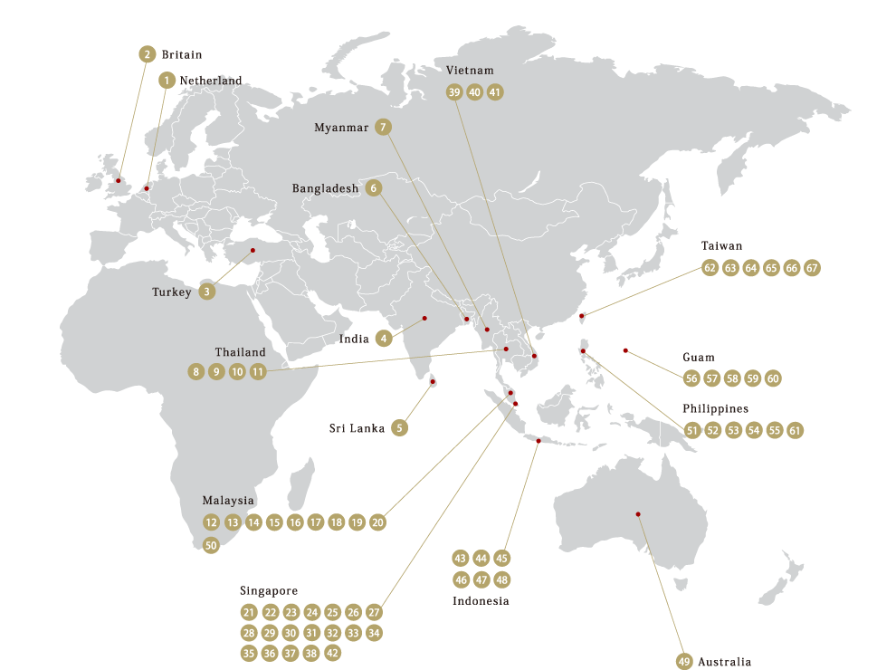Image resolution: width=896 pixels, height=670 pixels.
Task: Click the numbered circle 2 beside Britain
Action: click(x=148, y=54)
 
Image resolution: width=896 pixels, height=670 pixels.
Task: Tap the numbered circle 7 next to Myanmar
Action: click(x=384, y=128)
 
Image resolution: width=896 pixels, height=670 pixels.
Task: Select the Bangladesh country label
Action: click(x=326, y=188)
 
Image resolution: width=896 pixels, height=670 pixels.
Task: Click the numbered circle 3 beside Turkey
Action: click(x=208, y=292)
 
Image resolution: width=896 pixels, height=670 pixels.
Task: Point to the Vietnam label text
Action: click(x=470, y=71)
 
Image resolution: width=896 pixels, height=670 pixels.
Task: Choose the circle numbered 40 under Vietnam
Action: click(x=474, y=91)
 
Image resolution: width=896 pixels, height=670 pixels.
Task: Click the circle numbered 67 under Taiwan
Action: click(x=812, y=268)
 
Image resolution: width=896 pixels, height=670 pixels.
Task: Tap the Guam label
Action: click(x=699, y=358)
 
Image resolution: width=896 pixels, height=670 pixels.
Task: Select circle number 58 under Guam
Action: click(x=732, y=378)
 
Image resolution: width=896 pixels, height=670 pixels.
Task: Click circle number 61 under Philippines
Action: click(x=795, y=430)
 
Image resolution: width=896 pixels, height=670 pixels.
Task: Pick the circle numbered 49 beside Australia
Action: click(x=684, y=662)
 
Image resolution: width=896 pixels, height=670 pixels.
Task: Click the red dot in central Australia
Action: click(x=638, y=514)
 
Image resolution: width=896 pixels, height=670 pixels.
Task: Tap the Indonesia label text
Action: click(x=481, y=601)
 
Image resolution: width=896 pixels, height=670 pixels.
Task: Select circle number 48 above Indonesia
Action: click(x=502, y=579)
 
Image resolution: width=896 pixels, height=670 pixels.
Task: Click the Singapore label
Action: click(x=269, y=590)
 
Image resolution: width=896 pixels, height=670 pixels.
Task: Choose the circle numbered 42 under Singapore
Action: click(x=333, y=653)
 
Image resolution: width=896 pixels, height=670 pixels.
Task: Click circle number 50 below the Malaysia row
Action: click(x=211, y=545)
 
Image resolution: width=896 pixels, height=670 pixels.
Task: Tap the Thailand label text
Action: click(x=241, y=352)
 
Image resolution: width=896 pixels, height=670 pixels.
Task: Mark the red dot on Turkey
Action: click(x=253, y=250)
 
